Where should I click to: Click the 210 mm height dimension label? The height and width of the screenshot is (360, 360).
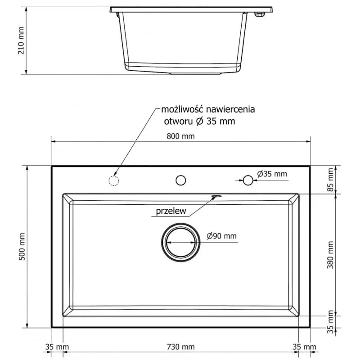(x=21, y=40)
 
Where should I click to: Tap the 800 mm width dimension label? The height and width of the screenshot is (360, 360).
(x=181, y=136)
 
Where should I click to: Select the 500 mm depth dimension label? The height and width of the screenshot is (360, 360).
(x=22, y=247)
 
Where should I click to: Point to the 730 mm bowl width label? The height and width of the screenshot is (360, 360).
(x=181, y=346)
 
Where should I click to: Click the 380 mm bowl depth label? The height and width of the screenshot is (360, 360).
(x=330, y=255)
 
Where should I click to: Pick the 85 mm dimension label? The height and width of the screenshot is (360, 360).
(x=330, y=180)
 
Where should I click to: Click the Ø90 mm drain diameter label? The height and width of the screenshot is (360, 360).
(x=221, y=236)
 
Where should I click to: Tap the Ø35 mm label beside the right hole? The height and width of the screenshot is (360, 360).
(x=272, y=174)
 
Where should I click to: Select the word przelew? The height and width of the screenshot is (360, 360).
(x=171, y=211)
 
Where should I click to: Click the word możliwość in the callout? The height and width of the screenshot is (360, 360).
(x=182, y=109)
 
